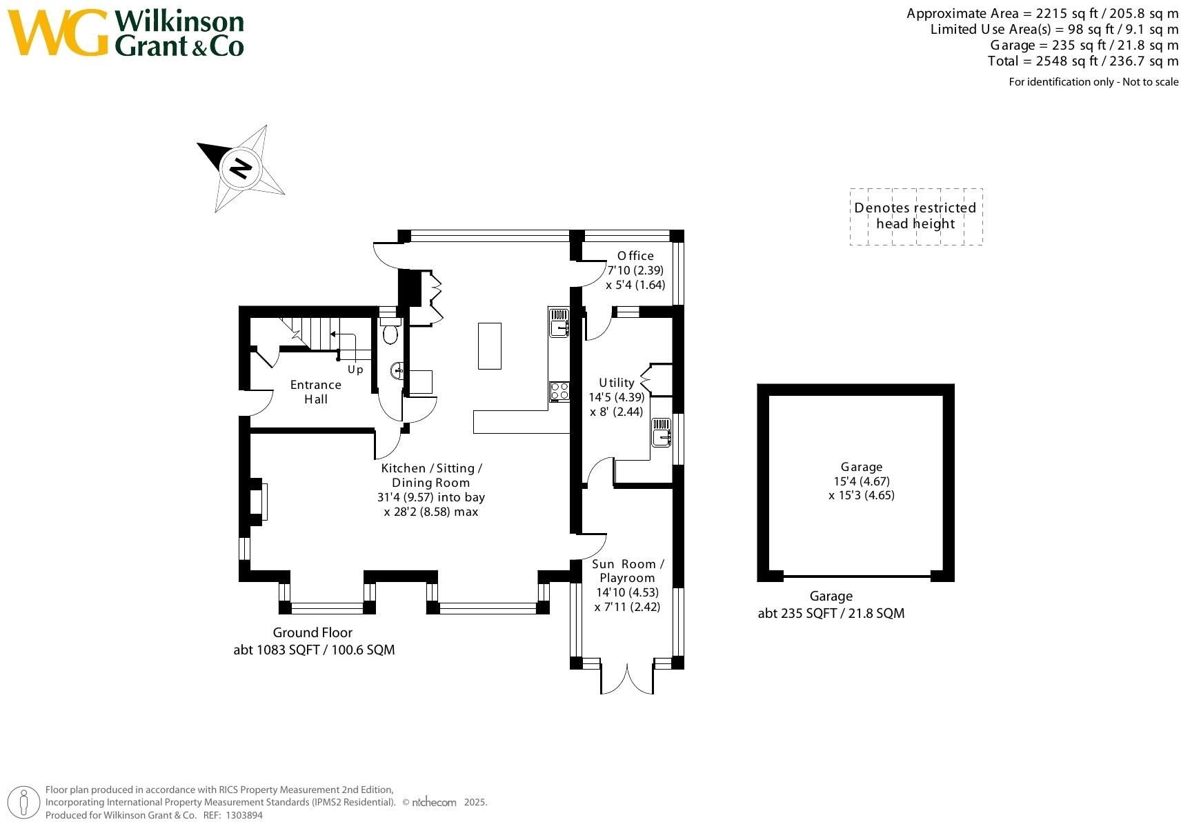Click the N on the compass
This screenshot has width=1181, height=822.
(x=241, y=169)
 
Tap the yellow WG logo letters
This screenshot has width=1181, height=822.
(x=58, y=32)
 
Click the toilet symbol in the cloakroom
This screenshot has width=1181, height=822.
(x=390, y=331)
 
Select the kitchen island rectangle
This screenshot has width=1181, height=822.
(x=489, y=346)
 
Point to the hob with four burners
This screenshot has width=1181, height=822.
(x=559, y=392)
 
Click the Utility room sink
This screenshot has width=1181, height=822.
(x=661, y=432)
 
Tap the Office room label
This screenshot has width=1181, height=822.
(x=635, y=256)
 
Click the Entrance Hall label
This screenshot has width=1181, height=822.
(x=316, y=392)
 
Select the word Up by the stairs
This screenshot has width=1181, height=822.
(x=355, y=370)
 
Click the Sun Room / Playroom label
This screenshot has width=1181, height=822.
(x=628, y=571)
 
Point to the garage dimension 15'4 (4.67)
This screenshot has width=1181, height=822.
(x=862, y=481)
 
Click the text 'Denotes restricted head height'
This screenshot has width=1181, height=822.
(x=915, y=216)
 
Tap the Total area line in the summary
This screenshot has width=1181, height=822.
(x=1083, y=61)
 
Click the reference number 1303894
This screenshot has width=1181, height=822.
(x=244, y=815)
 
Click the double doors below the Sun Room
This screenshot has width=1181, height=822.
(x=627, y=679)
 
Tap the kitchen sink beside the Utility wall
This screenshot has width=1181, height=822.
(x=559, y=323)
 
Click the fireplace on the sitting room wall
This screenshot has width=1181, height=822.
(x=258, y=501)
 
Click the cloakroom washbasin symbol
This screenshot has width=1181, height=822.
(x=397, y=370)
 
